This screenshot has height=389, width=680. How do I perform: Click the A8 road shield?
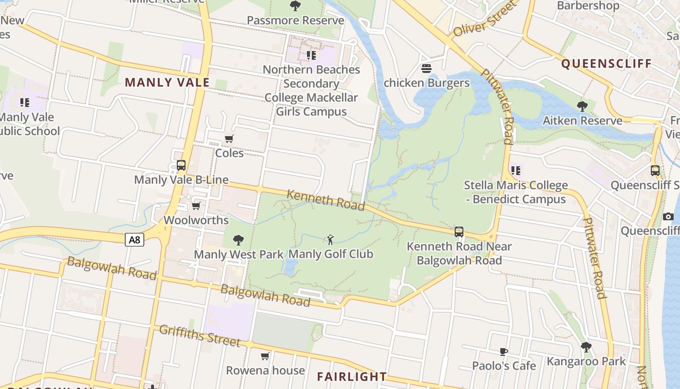click(135, 239)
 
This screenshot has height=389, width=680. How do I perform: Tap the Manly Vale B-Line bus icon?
click(181, 165)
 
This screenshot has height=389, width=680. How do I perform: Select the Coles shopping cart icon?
click(229, 139)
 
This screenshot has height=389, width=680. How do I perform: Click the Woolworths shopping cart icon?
click(196, 206)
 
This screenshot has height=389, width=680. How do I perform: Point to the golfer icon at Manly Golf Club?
click(331, 239)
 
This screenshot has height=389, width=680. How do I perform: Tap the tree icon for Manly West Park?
click(238, 240)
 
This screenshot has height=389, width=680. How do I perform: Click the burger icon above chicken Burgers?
click(426, 69)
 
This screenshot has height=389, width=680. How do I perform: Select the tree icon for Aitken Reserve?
click(582, 106)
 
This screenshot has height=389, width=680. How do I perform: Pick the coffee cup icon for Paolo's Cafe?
click(504, 351)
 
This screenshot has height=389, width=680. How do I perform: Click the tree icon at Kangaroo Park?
click(586, 347)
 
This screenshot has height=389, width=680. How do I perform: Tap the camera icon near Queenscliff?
click(668, 216)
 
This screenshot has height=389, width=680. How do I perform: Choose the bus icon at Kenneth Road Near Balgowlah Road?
click(459, 232)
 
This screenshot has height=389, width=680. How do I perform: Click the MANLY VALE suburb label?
click(167, 82)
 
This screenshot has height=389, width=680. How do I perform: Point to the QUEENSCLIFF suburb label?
click(606, 64)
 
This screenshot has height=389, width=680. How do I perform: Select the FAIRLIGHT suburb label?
click(352, 376)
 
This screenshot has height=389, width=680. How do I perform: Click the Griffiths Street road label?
click(200, 336)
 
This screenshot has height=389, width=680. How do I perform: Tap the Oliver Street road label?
click(483, 19)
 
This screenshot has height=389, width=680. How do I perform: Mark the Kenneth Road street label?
click(325, 200)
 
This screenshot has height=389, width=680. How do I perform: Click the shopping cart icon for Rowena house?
click(265, 356)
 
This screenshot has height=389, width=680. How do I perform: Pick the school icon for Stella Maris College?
click(515, 171)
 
